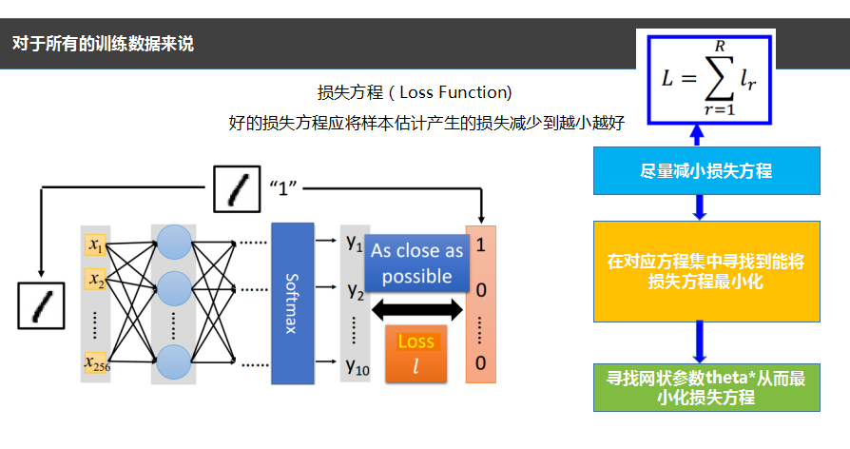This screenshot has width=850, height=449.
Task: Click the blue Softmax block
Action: pos(292,303)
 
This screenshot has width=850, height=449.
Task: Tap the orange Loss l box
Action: pos(415,353)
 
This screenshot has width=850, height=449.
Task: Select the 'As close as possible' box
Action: pos(416,263)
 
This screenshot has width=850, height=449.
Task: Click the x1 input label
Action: pos(96,246)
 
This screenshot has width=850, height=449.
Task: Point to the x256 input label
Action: pos(96,361)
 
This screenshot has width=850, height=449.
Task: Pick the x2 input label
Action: pos(96,280)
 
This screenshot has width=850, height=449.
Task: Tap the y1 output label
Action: pos(355,244)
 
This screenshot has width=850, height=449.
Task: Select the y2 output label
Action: pos(355,290)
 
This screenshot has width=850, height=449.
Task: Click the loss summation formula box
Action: pos(708,78)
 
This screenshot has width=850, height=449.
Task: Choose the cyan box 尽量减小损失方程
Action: pos(705,171)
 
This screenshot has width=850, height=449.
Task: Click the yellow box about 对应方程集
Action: pos(705,271)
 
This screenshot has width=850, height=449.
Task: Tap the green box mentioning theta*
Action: pos(705,387)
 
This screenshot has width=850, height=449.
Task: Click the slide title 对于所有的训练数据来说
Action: pos(103,44)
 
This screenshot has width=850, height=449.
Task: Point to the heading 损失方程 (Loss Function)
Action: pos(415,92)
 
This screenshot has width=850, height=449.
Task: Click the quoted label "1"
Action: pos(284,186)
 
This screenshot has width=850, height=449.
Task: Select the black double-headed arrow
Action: pos(416,309)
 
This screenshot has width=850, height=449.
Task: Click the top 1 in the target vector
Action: pos(480,244)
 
